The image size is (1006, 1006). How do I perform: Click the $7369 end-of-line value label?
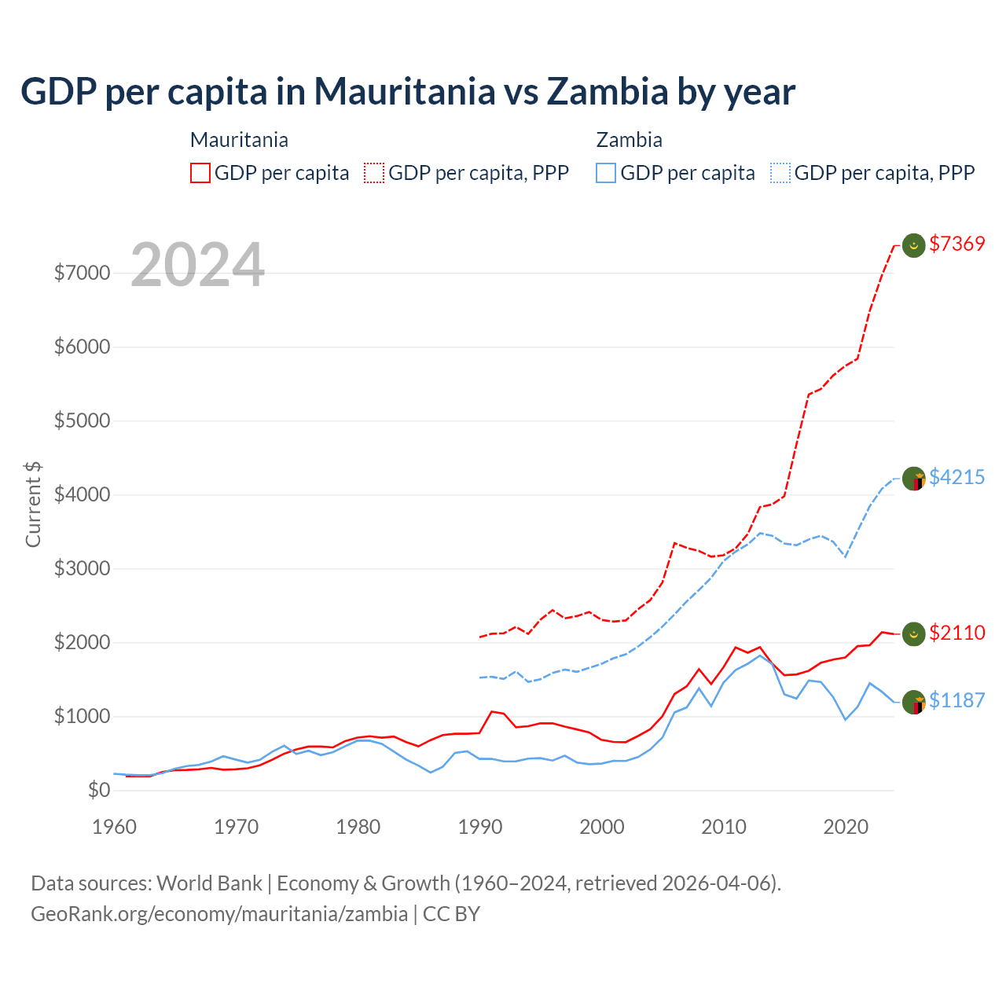pos(956,244)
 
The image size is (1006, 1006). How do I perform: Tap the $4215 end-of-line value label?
pos(956,477)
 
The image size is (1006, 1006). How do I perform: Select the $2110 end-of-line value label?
pos(956,633)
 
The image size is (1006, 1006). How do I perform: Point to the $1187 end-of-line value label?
pos(956,700)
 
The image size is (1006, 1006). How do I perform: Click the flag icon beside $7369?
pos(913,245)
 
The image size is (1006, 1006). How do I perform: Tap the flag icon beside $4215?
pos(913,478)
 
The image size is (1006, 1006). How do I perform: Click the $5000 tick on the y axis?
pos(82,420)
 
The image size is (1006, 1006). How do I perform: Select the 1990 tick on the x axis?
pos(480,827)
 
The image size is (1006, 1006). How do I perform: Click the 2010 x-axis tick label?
pos(724,827)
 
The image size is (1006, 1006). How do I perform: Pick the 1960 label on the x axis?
pos(115,827)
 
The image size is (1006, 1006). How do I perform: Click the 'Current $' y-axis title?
pos(33,505)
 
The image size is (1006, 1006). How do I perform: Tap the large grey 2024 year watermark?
pos(197,265)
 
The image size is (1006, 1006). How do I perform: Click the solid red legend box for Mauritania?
pos(200,173)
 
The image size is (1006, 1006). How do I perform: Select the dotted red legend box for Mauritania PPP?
pos(374,173)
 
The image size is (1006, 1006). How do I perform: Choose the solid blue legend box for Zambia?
pos(606,173)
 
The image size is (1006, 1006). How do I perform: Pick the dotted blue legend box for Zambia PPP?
pos(780,173)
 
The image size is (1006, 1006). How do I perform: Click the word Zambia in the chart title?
pos(607,91)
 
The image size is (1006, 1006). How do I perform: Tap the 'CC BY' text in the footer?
pos(451,914)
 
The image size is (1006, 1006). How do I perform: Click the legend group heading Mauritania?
pos(239,140)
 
